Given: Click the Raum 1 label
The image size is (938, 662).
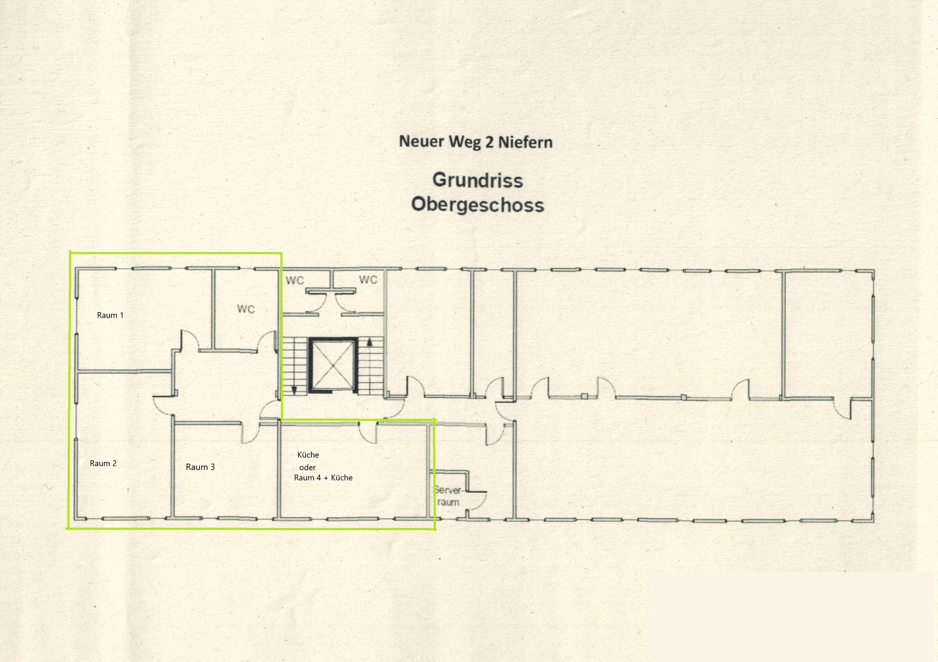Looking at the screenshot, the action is [110, 315].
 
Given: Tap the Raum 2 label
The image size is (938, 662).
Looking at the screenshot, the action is [103, 463].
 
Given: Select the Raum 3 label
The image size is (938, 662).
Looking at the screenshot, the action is [200, 467].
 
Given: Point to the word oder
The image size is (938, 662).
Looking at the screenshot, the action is [307, 468].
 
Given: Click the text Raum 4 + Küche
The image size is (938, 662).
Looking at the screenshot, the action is [323, 478].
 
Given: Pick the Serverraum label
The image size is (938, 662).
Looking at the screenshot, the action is [448, 496].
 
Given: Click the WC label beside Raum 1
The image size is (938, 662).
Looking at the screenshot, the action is [246, 309].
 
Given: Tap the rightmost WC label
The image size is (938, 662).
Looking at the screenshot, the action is [368, 279].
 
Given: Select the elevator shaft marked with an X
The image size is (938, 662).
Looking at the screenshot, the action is [333, 365].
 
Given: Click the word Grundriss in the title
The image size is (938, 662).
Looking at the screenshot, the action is [478, 180].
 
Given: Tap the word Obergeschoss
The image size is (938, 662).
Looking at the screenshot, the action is [478, 204].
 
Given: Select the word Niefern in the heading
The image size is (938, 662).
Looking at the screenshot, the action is [525, 142].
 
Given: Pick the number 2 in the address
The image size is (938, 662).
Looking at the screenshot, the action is [489, 142].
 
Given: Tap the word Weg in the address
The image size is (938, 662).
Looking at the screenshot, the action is [465, 143].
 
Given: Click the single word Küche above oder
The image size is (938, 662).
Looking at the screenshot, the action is [308, 455].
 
